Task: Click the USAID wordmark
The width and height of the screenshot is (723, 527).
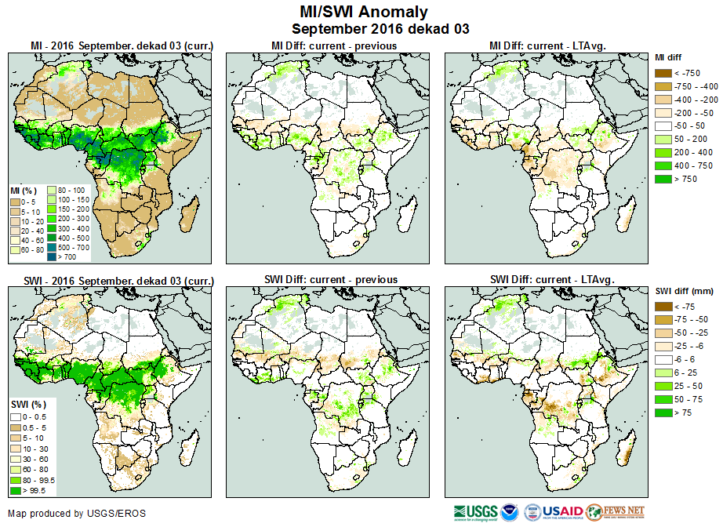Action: tap(562, 512)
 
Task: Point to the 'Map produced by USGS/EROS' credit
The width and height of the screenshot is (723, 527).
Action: tap(76, 514)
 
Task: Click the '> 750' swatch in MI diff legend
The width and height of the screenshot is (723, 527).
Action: tap(663, 180)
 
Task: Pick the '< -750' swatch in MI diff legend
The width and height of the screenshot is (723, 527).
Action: tap(663, 73)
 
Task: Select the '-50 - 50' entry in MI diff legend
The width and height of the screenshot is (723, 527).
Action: tap(663, 126)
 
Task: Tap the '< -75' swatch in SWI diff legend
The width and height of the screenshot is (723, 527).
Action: tap(663, 307)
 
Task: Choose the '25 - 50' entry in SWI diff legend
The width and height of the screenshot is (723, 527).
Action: tap(663, 387)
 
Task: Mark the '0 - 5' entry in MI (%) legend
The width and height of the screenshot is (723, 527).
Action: tap(15, 202)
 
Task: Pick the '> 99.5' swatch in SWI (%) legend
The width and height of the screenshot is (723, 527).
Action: tap(15, 490)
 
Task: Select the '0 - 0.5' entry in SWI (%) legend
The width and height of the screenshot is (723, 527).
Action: tap(15, 416)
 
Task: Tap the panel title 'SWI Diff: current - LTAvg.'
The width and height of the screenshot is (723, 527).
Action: tap(551, 279)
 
